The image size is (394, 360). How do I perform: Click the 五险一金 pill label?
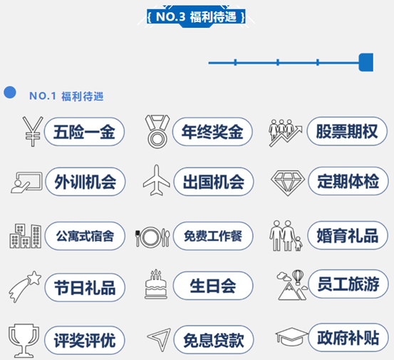[84, 132]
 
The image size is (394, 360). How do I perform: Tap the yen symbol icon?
[32, 131]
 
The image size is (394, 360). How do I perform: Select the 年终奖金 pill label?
[212, 132]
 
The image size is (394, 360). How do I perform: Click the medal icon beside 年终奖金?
[157, 132]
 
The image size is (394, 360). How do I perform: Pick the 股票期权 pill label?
[347, 131]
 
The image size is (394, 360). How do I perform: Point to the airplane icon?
[156, 180]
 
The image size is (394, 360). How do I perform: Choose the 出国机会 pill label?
[214, 182]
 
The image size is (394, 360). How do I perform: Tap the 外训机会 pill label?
[85, 182]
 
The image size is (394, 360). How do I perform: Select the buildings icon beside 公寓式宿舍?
[26, 236]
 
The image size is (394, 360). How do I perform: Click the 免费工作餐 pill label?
[213, 236]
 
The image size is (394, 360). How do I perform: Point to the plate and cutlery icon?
[152, 237]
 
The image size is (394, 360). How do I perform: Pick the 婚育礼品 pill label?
[348, 235]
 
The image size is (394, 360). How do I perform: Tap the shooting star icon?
[25, 287]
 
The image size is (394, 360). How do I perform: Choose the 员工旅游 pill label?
[348, 284]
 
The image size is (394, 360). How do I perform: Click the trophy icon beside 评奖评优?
[24, 341]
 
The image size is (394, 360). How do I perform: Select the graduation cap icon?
[291, 337]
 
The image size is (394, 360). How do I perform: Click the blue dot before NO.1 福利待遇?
[10, 92]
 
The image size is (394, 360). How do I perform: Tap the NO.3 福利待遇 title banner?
[196, 17]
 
